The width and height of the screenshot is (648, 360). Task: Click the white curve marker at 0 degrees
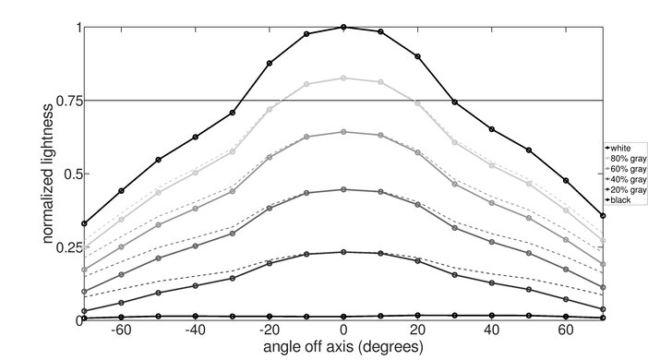click(x=343, y=28)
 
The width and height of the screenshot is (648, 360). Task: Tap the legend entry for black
click(x=621, y=199)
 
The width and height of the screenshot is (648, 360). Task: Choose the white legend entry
click(x=621, y=147)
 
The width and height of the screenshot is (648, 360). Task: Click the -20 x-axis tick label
click(x=268, y=330)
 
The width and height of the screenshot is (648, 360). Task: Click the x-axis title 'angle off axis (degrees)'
click(x=343, y=348)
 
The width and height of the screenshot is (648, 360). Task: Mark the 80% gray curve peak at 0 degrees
click(x=343, y=78)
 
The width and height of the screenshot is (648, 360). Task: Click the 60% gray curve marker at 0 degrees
click(x=343, y=132)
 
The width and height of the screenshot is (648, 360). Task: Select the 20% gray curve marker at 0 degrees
click(x=343, y=252)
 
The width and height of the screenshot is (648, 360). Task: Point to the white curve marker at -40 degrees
click(x=195, y=137)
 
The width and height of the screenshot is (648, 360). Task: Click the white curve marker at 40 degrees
click(x=492, y=128)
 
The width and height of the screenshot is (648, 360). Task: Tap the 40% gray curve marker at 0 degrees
click(x=343, y=189)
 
